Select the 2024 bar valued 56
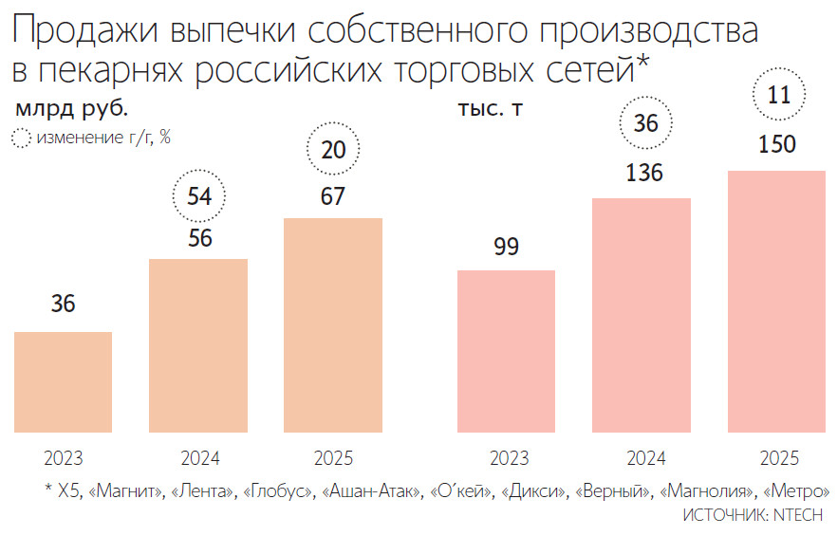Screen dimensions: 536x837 click(x=198, y=346)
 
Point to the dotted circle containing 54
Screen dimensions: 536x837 click(x=199, y=197)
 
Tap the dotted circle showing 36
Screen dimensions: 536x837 click(x=645, y=124)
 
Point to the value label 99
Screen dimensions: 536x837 click(x=506, y=247)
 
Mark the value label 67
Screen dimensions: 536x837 click(x=333, y=196)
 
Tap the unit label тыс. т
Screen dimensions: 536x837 click(x=490, y=108)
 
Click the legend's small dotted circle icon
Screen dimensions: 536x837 click(x=21, y=139)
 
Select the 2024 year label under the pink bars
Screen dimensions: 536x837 click(x=645, y=459)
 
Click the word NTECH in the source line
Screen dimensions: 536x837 click(x=797, y=514)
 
